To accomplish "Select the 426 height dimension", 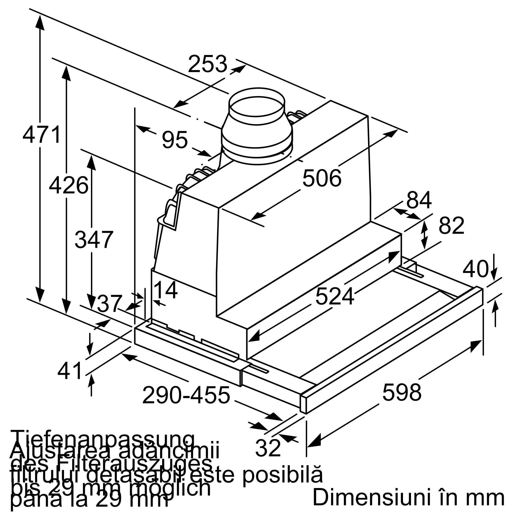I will tap(69, 185).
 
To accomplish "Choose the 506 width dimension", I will tap(322, 178).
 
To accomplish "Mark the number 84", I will tap(419, 200).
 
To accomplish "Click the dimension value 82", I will tap(452, 226).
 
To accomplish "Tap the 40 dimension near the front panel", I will tap(476, 269).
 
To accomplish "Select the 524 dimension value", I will tap(335, 296).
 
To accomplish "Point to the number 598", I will tap(402, 392).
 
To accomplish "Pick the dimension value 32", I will tap(268, 448).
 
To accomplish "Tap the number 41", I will tap(70, 371).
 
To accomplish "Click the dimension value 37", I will tap(109, 304).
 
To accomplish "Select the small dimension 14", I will tap(166, 290).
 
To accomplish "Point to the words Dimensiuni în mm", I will tap(408, 497).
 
